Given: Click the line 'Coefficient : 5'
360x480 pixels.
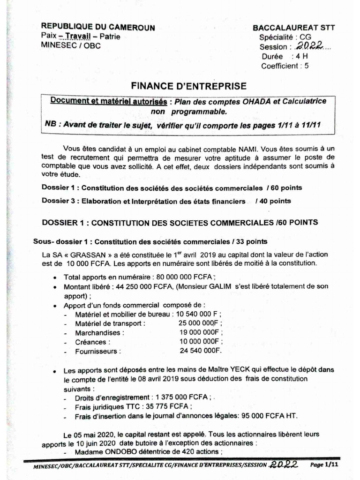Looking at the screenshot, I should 285,66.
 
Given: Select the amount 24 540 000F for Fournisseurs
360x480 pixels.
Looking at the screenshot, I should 200,351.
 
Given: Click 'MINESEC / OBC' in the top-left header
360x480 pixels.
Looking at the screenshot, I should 71,45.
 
